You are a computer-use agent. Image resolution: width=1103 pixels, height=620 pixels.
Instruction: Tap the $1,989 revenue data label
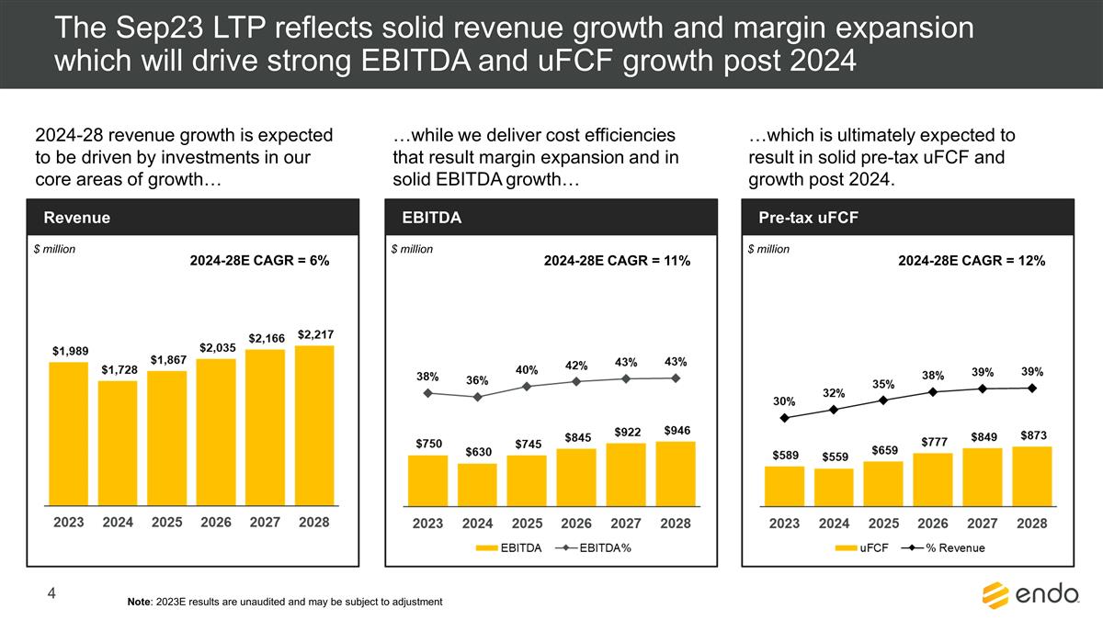pos(69,351)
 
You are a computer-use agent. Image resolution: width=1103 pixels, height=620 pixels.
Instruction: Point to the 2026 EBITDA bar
pos(576,476)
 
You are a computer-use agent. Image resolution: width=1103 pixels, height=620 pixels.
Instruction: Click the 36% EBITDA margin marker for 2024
pos(477,398)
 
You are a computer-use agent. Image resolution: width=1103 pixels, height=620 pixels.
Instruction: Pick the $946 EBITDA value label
pos(676,430)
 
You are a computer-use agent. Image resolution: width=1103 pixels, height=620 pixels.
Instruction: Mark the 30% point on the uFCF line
pos(784,418)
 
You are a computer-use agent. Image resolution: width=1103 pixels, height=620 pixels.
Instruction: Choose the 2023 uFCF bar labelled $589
pos(784,485)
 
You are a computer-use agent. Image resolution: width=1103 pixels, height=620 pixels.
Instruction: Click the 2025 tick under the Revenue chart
pos(167,523)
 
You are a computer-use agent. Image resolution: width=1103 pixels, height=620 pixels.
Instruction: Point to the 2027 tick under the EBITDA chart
pos(626,523)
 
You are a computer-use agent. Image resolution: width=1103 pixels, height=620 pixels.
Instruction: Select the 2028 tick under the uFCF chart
pos(1032,523)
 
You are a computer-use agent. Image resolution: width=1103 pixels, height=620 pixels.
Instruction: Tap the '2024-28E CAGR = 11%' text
pos(617,262)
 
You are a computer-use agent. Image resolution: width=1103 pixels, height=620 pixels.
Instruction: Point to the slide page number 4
pos(52,596)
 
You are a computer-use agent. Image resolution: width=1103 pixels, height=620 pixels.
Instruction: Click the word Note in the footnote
pos(142,602)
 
